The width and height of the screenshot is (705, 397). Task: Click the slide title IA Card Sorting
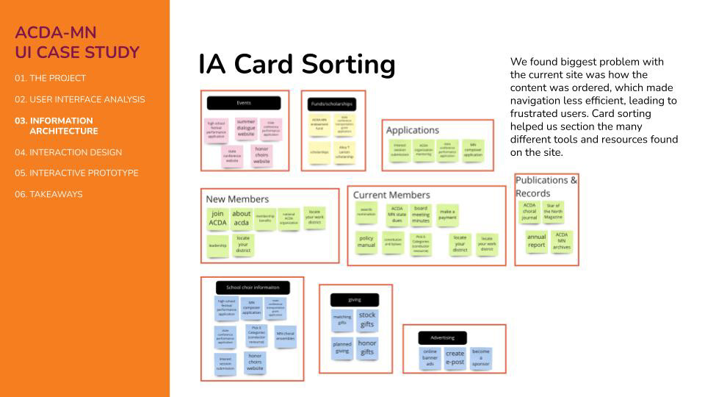pos(297,65)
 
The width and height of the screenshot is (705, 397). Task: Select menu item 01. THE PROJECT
pos(50,78)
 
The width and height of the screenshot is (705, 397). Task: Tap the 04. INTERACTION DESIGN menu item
pos(68,152)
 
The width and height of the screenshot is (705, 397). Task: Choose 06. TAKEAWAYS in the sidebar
pos(48,194)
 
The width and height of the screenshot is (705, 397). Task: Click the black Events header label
pos(244,103)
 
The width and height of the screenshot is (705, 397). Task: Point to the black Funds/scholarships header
pos(333,104)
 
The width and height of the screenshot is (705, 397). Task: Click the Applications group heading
pos(413,130)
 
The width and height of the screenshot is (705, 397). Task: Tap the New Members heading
pos(237,199)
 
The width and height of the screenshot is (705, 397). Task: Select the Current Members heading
pos(391,195)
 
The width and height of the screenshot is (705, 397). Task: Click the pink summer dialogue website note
pos(246,129)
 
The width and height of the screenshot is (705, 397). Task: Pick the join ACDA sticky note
pos(217,218)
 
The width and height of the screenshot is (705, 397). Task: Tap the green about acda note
pos(242,218)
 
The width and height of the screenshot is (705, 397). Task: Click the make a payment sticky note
pos(447,215)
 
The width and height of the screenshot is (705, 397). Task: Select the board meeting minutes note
pos(421,215)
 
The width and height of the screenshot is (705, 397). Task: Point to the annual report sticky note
pos(537,241)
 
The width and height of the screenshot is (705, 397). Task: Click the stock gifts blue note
pos(367,320)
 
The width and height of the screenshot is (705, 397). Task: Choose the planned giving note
pos(342,347)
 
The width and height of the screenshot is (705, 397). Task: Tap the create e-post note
pos(455,358)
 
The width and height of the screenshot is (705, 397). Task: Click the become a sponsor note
pos(481,357)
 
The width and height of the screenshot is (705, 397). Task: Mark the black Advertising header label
pos(443,338)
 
